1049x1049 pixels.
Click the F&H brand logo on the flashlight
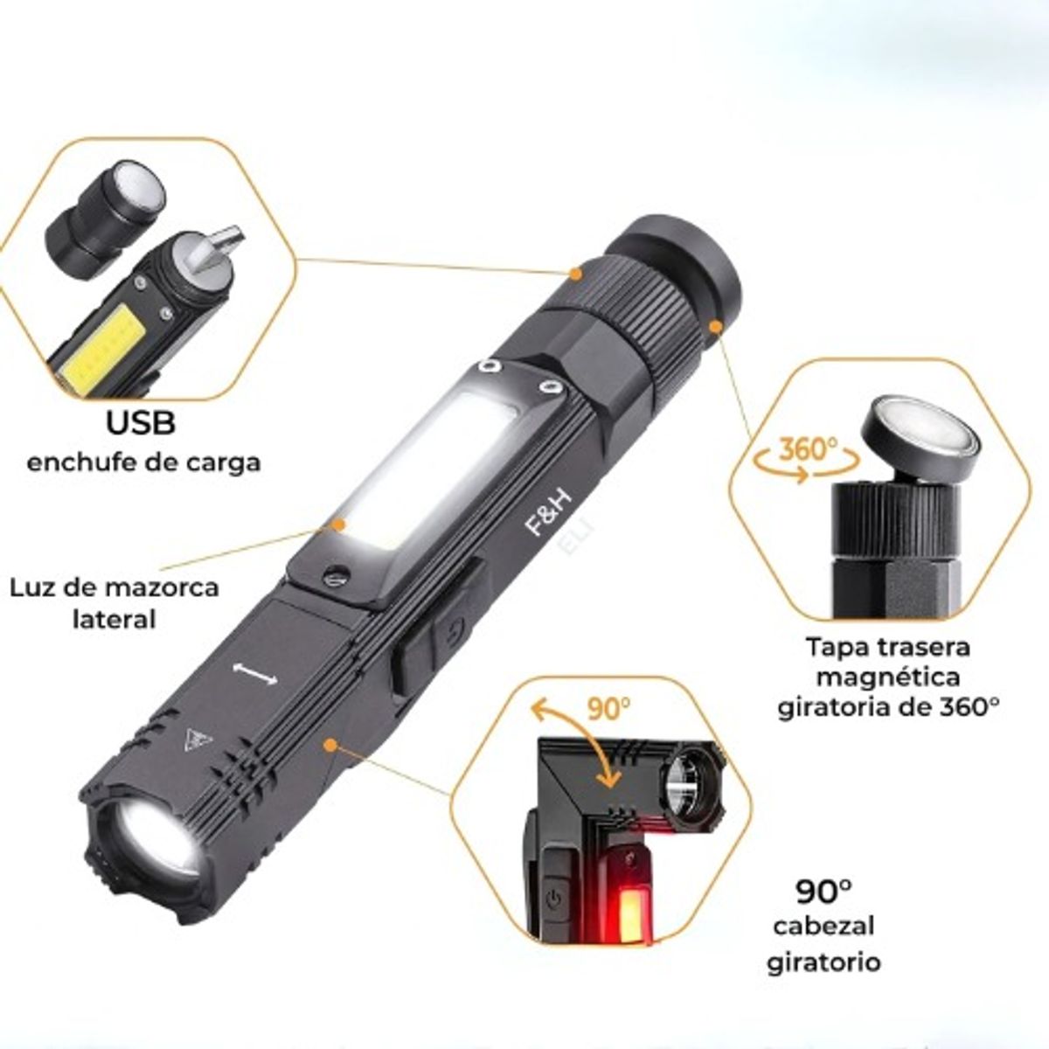546,514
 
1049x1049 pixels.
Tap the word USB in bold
141,423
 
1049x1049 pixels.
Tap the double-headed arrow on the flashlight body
254,674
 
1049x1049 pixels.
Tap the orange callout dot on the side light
339,524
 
